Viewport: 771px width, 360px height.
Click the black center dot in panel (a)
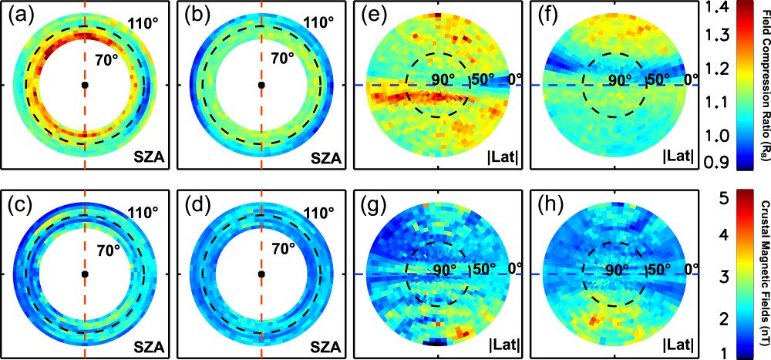[x=85, y=85]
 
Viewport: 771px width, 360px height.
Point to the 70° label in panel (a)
[x=107, y=56]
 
